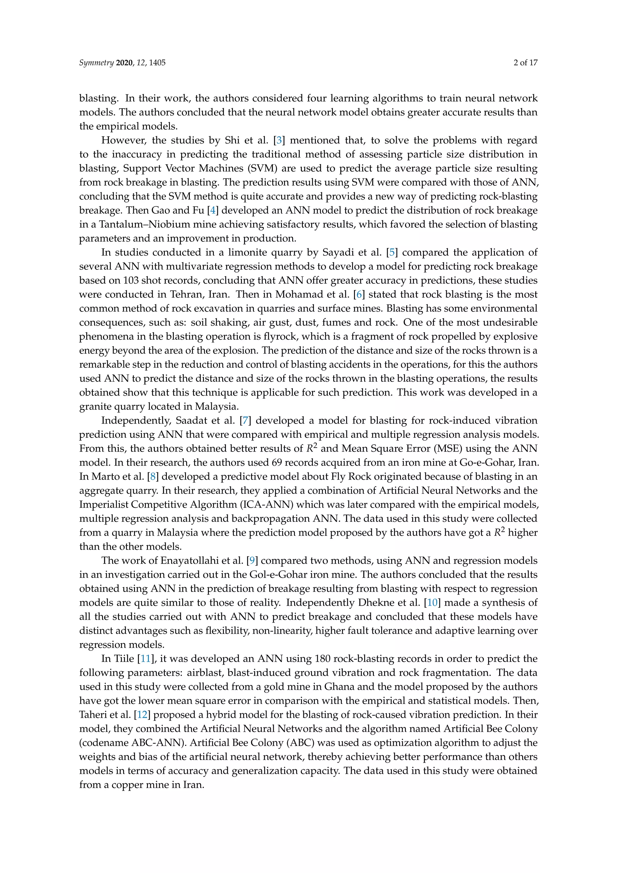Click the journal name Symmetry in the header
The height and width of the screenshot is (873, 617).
(x=96, y=63)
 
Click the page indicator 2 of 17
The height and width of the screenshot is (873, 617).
(x=525, y=63)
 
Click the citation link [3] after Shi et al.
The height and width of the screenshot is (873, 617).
(x=279, y=140)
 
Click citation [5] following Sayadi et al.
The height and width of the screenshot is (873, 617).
(x=392, y=253)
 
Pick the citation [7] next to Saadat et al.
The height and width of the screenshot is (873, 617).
(x=246, y=421)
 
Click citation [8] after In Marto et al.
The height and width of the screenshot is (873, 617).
(x=153, y=476)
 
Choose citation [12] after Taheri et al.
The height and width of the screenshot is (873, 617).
(x=142, y=714)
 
